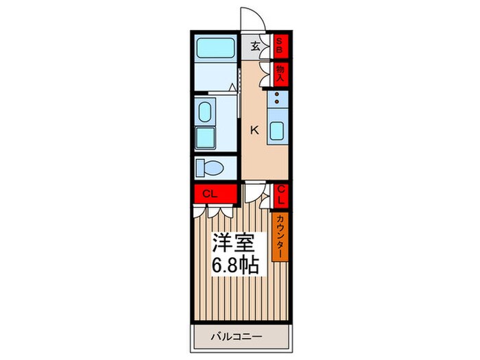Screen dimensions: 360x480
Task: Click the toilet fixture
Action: (x=209, y=168)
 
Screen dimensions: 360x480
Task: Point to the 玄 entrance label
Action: (x=255, y=47)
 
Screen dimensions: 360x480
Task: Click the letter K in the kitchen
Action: (x=254, y=130)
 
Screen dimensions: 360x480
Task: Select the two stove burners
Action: (x=277, y=100)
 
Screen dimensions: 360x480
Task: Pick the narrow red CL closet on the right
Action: (x=281, y=195)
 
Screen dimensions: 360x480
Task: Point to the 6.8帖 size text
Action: (x=235, y=266)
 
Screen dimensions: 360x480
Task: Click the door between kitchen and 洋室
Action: (x=252, y=192)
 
